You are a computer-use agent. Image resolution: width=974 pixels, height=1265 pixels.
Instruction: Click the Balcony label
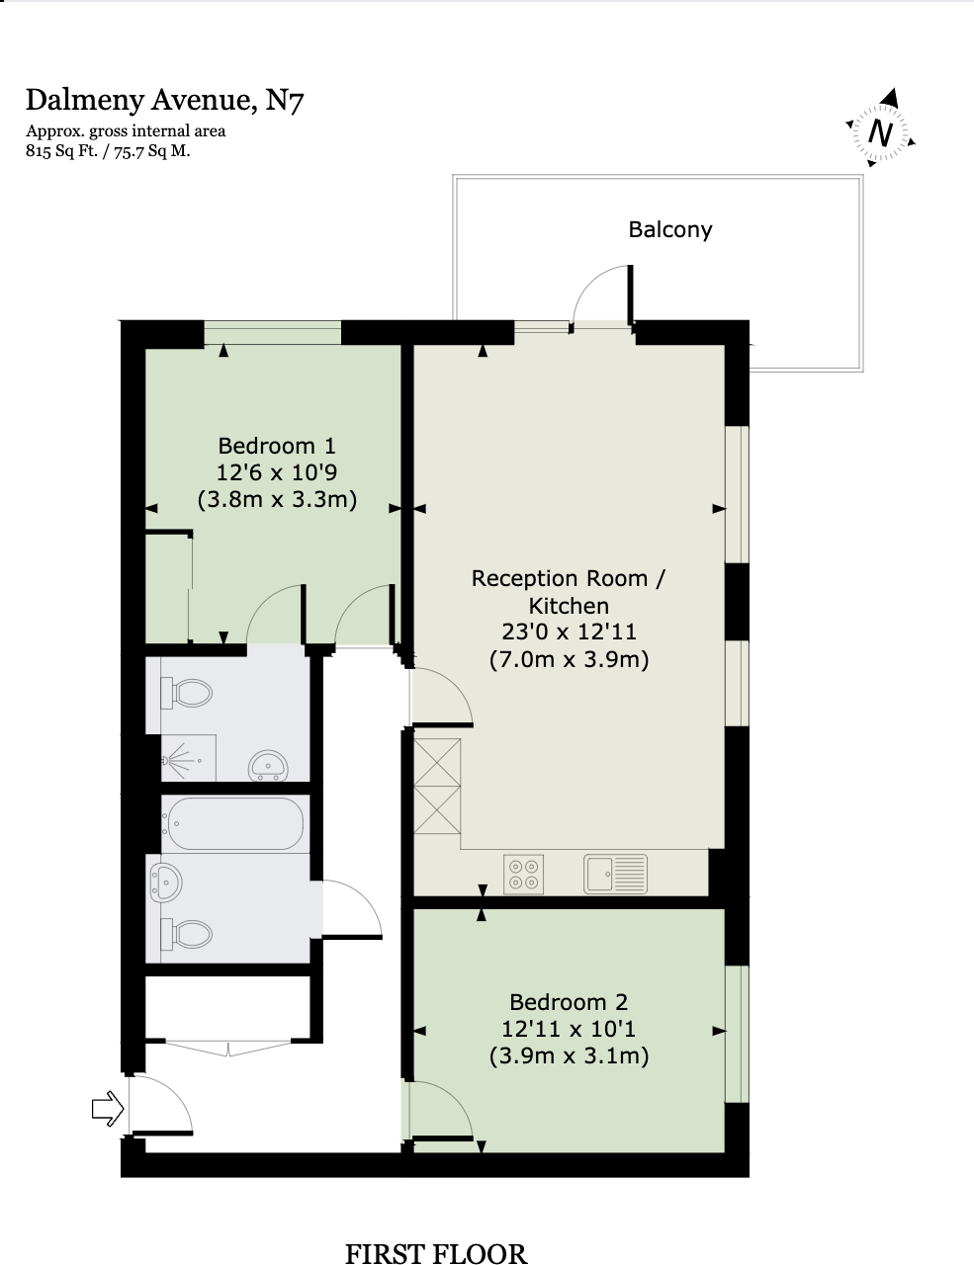(x=669, y=229)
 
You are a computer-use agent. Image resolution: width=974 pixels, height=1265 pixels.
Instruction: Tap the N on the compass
(x=880, y=132)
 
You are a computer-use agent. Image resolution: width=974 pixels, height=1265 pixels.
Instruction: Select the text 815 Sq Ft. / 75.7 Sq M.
(x=108, y=151)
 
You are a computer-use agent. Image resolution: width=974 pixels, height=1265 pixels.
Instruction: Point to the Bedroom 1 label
(x=277, y=445)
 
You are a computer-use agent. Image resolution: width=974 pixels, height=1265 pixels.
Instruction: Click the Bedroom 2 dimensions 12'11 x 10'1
(x=569, y=1029)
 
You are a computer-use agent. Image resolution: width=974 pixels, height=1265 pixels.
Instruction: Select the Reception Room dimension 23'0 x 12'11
(x=569, y=632)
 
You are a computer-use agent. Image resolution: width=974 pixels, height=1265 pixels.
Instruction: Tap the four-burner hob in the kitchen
(x=523, y=874)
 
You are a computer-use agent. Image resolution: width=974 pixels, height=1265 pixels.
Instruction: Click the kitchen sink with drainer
(x=615, y=874)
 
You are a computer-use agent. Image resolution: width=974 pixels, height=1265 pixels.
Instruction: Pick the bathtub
(x=234, y=823)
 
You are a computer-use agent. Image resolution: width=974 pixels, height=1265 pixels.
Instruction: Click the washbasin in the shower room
(x=267, y=765)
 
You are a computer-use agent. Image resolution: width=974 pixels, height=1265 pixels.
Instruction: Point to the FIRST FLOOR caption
(x=435, y=1253)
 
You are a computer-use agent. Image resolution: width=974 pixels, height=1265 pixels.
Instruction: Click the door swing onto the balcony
(x=600, y=294)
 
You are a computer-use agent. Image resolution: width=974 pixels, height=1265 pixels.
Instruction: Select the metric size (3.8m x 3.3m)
(x=277, y=499)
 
